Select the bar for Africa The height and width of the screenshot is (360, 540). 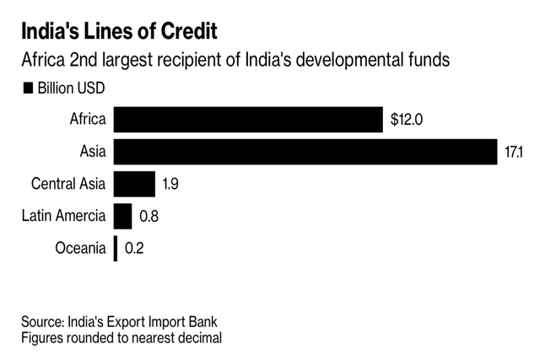click(x=248, y=119)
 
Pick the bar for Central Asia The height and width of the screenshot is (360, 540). click(x=134, y=184)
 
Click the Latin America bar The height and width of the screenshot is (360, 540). click(x=122, y=216)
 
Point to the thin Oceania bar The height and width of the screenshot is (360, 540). click(x=116, y=248)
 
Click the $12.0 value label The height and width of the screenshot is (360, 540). click(x=407, y=120)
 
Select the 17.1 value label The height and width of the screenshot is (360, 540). click(x=515, y=153)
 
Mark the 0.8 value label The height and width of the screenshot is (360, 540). click(x=149, y=217)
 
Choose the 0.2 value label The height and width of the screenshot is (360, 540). click(x=134, y=249)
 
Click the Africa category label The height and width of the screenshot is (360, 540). click(x=87, y=120)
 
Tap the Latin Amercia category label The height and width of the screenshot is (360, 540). click(x=63, y=216)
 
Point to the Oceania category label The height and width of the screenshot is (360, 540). click(x=79, y=248)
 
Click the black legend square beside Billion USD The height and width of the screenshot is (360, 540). click(x=28, y=88)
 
